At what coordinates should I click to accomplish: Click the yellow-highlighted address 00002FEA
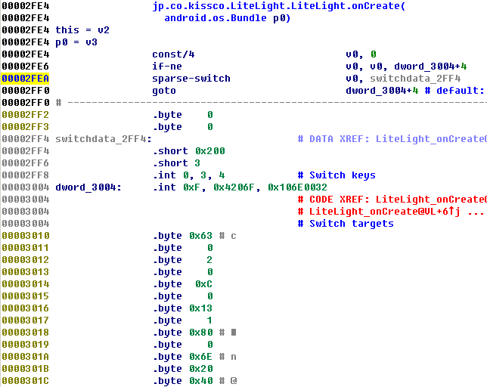(x=26, y=79)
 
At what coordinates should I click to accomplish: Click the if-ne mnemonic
(x=166, y=67)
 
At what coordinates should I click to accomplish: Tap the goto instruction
(x=163, y=91)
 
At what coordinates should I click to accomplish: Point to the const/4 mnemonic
(x=172, y=54)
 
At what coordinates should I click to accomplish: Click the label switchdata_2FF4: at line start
(x=103, y=139)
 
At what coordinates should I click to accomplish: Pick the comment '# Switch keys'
(x=337, y=175)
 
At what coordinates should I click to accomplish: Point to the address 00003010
(x=26, y=236)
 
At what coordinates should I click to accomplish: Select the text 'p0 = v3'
(x=76, y=42)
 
